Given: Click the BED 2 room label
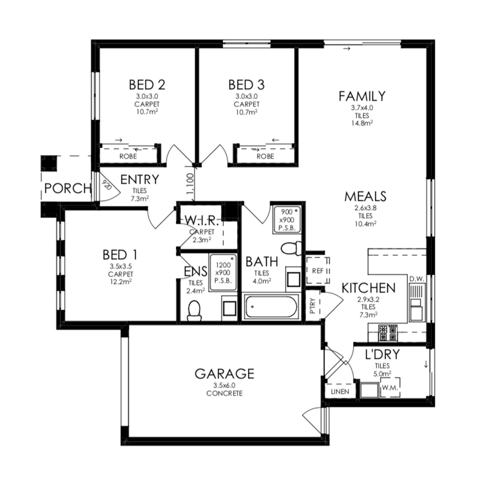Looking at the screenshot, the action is (x=147, y=85).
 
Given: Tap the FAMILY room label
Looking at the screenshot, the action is (x=362, y=96).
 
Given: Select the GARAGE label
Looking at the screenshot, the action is (x=224, y=374).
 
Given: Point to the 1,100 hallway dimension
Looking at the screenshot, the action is (x=190, y=184).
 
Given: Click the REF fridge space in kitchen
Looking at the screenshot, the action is (x=318, y=271).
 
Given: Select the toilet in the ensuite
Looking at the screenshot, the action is (x=194, y=311).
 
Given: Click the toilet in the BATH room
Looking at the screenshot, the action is (x=291, y=248).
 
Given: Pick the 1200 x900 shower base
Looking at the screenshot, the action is (x=223, y=272).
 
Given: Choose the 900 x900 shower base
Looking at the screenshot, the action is (x=287, y=219).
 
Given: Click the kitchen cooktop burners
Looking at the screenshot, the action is (x=388, y=333).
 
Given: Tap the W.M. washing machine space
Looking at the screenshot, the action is (x=390, y=388).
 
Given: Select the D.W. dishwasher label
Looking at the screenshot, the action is (x=417, y=279).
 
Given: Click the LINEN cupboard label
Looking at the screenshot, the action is (x=340, y=391).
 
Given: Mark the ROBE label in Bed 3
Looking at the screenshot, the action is (x=265, y=156).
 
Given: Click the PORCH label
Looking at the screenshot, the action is (x=68, y=188).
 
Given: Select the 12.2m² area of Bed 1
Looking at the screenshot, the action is (x=121, y=282).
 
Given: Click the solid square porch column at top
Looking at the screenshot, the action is (x=49, y=163).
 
